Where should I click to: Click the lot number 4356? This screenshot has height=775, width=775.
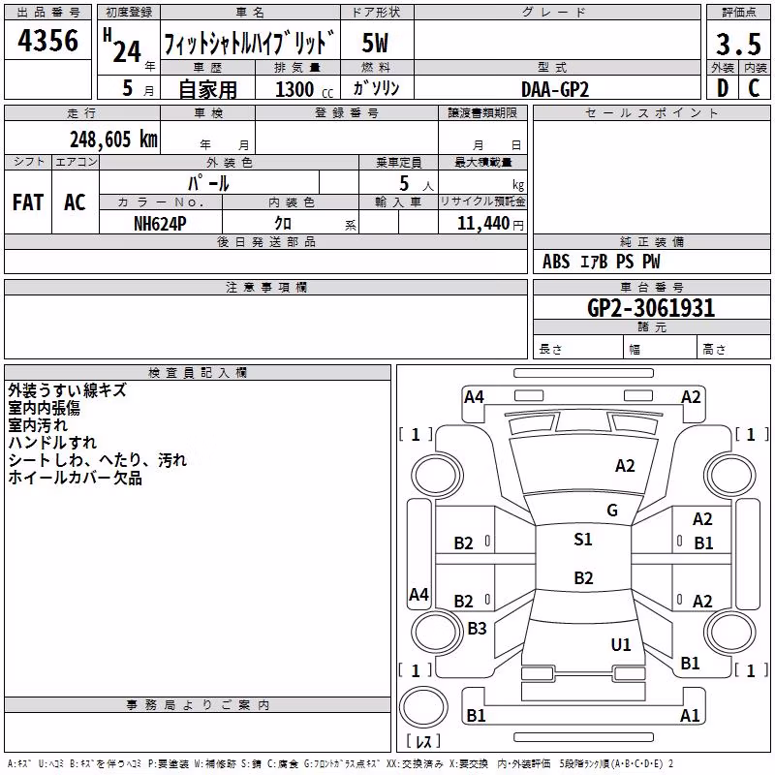coord(47,41)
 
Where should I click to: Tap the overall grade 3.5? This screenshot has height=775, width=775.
coord(738,44)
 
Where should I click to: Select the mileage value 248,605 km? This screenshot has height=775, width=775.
coord(113,139)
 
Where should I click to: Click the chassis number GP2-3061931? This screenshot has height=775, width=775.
coord(651,308)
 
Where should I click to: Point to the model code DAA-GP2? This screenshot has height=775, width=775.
coord(555,89)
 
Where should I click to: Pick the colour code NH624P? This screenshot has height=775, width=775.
coord(160,224)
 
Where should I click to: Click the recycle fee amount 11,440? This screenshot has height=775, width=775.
coord(482,224)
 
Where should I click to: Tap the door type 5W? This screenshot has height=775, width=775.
coord(375,43)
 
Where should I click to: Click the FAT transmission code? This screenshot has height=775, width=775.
coord(28,202)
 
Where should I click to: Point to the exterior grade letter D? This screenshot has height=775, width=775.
coord(723,88)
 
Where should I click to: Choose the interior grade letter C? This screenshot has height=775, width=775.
coord(754,88)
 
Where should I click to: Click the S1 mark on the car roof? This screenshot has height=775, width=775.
coord(583,540)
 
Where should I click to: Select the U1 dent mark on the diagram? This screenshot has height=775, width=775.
coord(621,644)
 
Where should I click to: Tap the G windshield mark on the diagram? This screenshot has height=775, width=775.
coord(612,511)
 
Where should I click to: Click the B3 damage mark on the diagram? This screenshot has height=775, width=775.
coord(477,628)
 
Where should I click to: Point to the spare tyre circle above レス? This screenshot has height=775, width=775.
coord(423,708)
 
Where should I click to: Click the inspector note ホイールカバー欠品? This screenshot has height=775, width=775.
coord(76,478)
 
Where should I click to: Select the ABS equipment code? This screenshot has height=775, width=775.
coord(556,262)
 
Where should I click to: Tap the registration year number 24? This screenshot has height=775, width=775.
coord(127,52)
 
